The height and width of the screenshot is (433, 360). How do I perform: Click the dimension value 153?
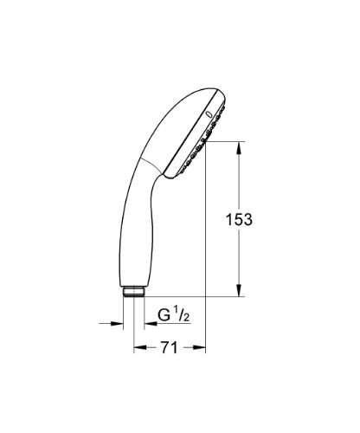point(239,220)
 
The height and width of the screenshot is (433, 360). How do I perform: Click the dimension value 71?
point(169,347)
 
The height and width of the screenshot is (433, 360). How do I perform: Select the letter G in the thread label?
point(164,315)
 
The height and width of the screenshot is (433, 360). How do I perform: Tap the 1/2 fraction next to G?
point(183,315)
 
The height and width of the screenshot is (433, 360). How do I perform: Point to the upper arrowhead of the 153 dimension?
point(239,148)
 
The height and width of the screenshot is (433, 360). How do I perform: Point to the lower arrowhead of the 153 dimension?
point(239,290)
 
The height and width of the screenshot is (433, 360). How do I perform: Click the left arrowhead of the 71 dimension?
point(140,347)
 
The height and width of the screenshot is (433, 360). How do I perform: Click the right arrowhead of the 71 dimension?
point(200,347)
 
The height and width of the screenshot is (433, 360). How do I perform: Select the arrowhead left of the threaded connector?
point(117,324)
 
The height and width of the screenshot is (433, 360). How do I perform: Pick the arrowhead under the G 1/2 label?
point(151,324)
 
